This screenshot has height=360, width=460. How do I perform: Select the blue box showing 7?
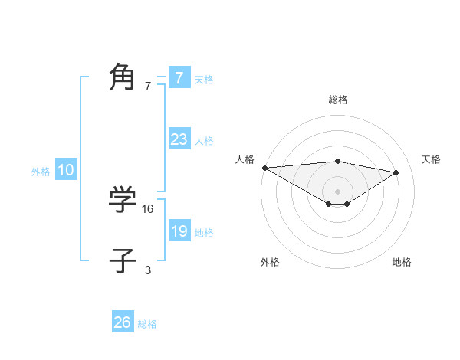179,77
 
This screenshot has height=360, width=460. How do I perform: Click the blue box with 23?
179,139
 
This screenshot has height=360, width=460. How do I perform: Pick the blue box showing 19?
179,231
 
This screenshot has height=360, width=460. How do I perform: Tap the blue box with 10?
66,171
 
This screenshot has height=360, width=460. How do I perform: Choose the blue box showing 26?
123,322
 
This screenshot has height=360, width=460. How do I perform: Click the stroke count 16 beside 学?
148,208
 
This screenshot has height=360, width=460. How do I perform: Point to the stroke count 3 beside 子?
148,270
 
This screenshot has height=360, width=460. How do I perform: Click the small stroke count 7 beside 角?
148,86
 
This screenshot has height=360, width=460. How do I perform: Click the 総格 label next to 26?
147,324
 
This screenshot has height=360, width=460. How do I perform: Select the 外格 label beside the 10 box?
41,172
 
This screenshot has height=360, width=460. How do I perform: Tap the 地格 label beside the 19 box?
204,233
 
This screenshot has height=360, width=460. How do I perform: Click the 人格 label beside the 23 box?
204,141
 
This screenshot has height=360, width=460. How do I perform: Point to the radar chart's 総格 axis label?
337,100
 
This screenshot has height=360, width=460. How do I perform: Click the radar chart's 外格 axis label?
270,263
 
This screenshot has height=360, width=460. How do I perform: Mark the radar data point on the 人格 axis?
264,168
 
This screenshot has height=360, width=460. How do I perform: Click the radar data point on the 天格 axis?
396,172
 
